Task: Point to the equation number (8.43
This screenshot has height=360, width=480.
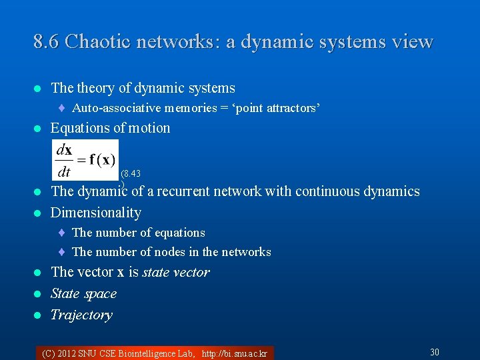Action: click(131, 174)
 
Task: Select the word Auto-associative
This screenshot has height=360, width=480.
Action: click(115, 108)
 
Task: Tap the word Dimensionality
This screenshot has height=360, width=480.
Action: click(96, 213)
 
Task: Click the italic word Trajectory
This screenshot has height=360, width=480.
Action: click(81, 315)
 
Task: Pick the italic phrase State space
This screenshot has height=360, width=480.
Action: click(83, 293)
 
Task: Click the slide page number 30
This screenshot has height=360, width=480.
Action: click(435, 352)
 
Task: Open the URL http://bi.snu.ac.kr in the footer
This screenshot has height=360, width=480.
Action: click(235, 353)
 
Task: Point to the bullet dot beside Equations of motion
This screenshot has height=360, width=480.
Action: click(38, 129)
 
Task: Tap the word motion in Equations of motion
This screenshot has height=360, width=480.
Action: click(150, 128)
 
